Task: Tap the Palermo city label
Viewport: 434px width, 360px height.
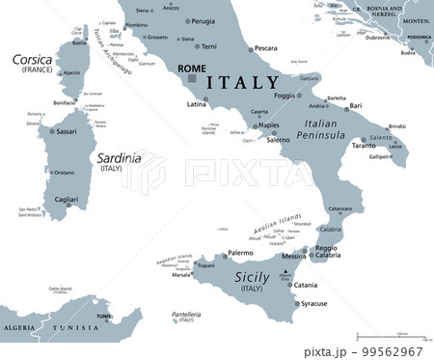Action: [240, 253]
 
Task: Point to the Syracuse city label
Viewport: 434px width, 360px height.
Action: [313, 304]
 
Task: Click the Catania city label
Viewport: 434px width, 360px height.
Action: [305, 285]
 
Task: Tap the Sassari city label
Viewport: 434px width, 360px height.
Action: [65, 129]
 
